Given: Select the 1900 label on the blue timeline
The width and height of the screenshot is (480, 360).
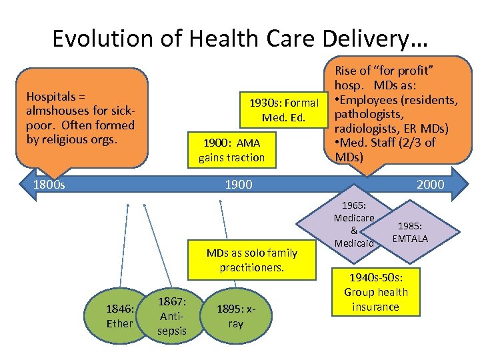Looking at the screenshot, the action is click(239, 183).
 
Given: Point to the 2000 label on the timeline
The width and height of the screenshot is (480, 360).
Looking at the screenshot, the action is click(430, 183).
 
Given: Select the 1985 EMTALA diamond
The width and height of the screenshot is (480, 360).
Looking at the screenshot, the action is click(411, 231).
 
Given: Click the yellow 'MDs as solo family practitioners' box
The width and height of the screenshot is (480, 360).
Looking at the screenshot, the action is click(252, 260).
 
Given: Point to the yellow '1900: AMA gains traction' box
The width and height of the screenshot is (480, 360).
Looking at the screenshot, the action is click(231, 150).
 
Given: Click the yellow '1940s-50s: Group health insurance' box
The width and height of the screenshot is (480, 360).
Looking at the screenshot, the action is click(376, 292).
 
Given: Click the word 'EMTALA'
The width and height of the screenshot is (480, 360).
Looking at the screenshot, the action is click(411, 238).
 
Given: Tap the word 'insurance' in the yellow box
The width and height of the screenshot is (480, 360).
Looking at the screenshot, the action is click(376, 307).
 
